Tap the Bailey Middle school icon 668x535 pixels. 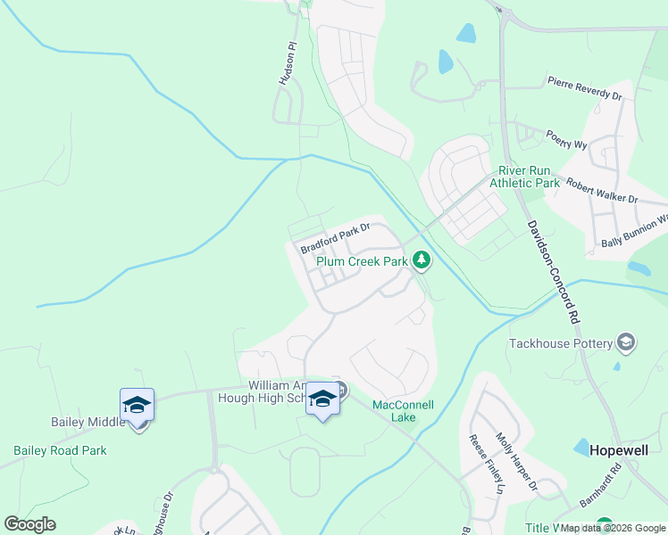[138, 405]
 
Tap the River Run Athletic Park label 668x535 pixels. [529, 177]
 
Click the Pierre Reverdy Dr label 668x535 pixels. [585, 88]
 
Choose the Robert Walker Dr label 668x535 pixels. [602, 190]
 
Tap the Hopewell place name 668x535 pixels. [619, 451]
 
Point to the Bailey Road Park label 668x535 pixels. [60, 450]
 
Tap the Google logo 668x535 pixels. [30, 524]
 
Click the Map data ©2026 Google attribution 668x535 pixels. [614, 528]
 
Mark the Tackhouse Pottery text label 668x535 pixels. [560, 343]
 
